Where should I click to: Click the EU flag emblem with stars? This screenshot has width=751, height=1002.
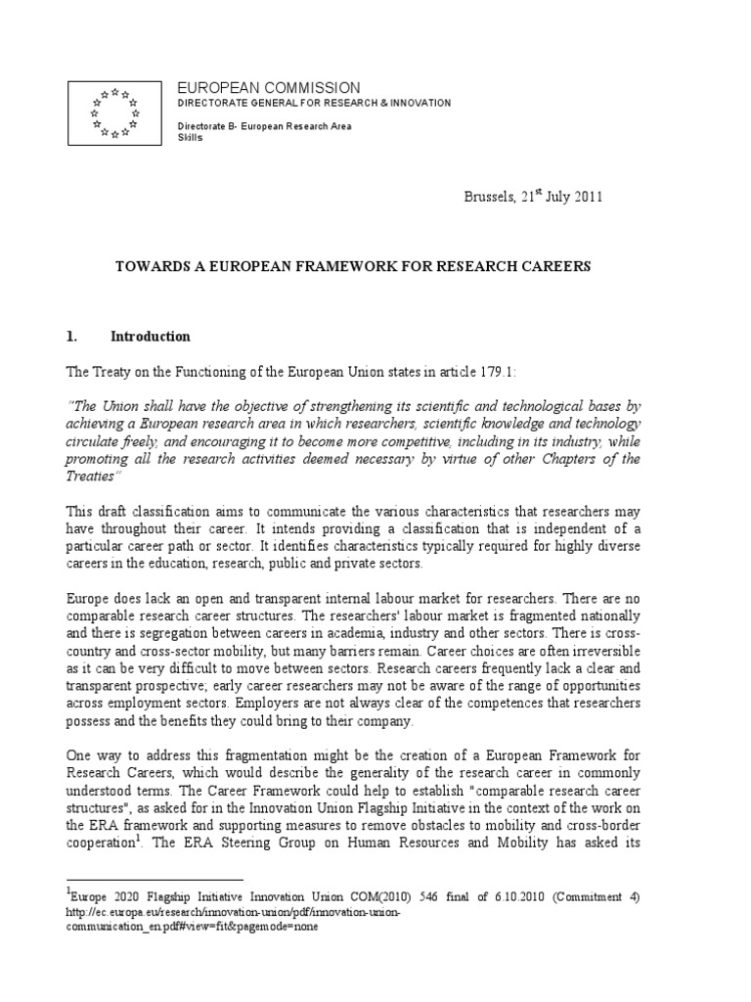click(114, 114)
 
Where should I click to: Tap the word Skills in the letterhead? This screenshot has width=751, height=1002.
click(188, 138)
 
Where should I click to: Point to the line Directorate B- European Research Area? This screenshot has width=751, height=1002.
click(264, 127)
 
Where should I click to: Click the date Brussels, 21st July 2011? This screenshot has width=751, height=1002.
click(533, 197)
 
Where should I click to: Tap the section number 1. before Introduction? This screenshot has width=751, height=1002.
click(71, 337)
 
